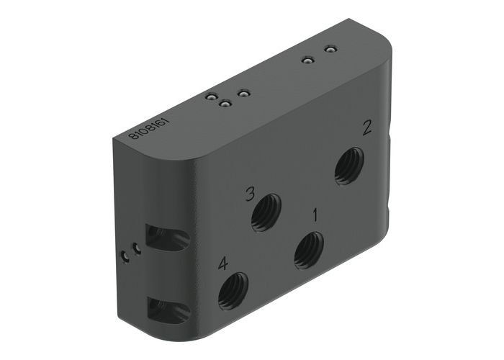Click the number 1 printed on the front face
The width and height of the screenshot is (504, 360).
click(x=314, y=214)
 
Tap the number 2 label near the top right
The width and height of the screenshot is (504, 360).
click(x=367, y=128)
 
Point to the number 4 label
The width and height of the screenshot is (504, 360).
click(x=223, y=264)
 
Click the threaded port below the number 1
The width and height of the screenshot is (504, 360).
click(x=309, y=249)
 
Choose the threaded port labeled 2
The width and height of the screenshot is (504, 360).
click(x=349, y=165)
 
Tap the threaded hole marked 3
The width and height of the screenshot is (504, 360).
click(x=266, y=213)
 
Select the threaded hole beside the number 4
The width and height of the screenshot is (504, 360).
click(x=233, y=289)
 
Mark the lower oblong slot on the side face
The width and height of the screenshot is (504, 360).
click(x=167, y=310)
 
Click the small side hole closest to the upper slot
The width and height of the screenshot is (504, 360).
click(x=135, y=248)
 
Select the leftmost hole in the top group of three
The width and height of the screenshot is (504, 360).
click(x=211, y=96)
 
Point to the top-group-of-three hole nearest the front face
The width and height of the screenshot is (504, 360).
click(x=225, y=104)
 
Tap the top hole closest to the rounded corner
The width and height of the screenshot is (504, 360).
click(x=330, y=49)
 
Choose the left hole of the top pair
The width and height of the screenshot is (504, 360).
click(x=307, y=60)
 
